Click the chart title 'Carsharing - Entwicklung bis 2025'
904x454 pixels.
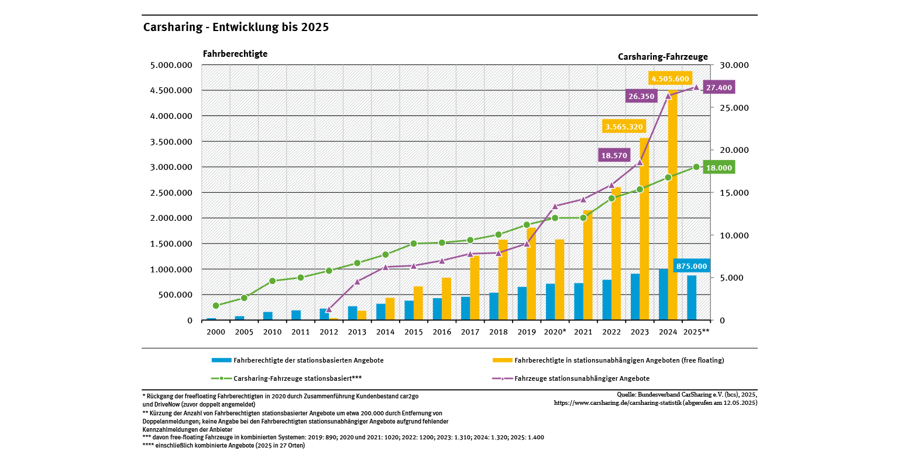click(236, 28)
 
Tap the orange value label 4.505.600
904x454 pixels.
click(670, 79)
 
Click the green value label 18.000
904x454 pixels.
click(719, 168)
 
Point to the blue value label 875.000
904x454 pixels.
click(692, 266)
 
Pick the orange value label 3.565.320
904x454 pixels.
click(624, 127)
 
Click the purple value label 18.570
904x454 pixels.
click(614, 155)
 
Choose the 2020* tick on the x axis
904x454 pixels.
click(555, 332)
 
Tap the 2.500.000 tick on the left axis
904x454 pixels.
click(171, 193)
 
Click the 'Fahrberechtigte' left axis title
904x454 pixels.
click(235, 53)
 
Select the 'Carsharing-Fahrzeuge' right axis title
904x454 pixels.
click(662, 57)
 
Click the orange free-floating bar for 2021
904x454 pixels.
click(588, 265)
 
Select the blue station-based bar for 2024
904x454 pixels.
click(664, 295)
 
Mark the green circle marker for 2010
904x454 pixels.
click(273, 281)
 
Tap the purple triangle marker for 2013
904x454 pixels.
click(357, 282)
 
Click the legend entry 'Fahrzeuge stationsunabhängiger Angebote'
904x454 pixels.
click(582, 378)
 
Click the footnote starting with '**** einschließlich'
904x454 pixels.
click(224, 445)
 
